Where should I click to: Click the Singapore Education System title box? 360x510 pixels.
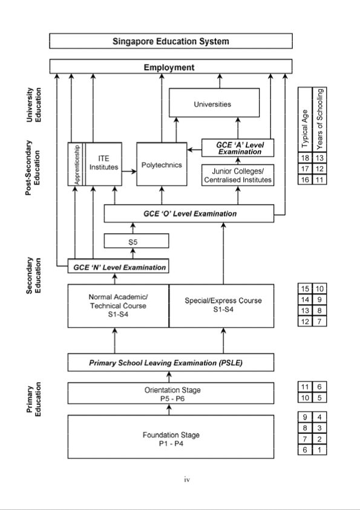pyautogui.click(x=171, y=41)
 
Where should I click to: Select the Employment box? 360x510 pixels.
pyautogui.click(x=171, y=67)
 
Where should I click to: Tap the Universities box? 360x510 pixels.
pyautogui.click(x=213, y=104)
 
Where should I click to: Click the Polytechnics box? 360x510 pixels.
pyautogui.click(x=162, y=165)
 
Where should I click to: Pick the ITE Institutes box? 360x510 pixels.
pyautogui.click(x=103, y=164)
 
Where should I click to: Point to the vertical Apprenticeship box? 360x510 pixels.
pyautogui.click(x=76, y=164)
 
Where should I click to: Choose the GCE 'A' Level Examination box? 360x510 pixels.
pyautogui.click(x=237, y=148)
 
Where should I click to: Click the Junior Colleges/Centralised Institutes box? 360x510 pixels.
pyautogui.click(x=237, y=174)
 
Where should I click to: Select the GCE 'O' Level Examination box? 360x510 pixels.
pyautogui.click(x=189, y=214)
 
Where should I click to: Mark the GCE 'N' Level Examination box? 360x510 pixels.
pyautogui.click(x=117, y=266)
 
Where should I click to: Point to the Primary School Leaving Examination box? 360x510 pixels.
pyautogui.click(x=171, y=363)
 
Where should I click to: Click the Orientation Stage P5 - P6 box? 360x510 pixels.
pyautogui.click(x=171, y=393)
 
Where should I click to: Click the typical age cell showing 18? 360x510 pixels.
pyautogui.click(x=304, y=157)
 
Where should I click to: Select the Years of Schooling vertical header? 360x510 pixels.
pyautogui.click(x=320, y=119)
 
